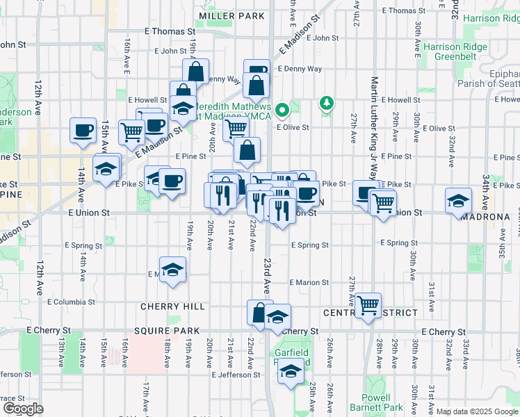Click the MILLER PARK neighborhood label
(x=231, y=15)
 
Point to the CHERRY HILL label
(x=172, y=306)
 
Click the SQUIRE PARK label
(x=171, y=331)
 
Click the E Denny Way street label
(x=300, y=69)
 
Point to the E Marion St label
(x=309, y=282)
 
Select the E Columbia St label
(x=71, y=302)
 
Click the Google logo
(x=23, y=409)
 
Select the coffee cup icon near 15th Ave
(x=83, y=130)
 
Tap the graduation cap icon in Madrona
(x=458, y=201)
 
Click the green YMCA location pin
(x=282, y=110)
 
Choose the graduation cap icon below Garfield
(x=291, y=372)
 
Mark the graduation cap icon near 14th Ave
(x=106, y=169)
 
